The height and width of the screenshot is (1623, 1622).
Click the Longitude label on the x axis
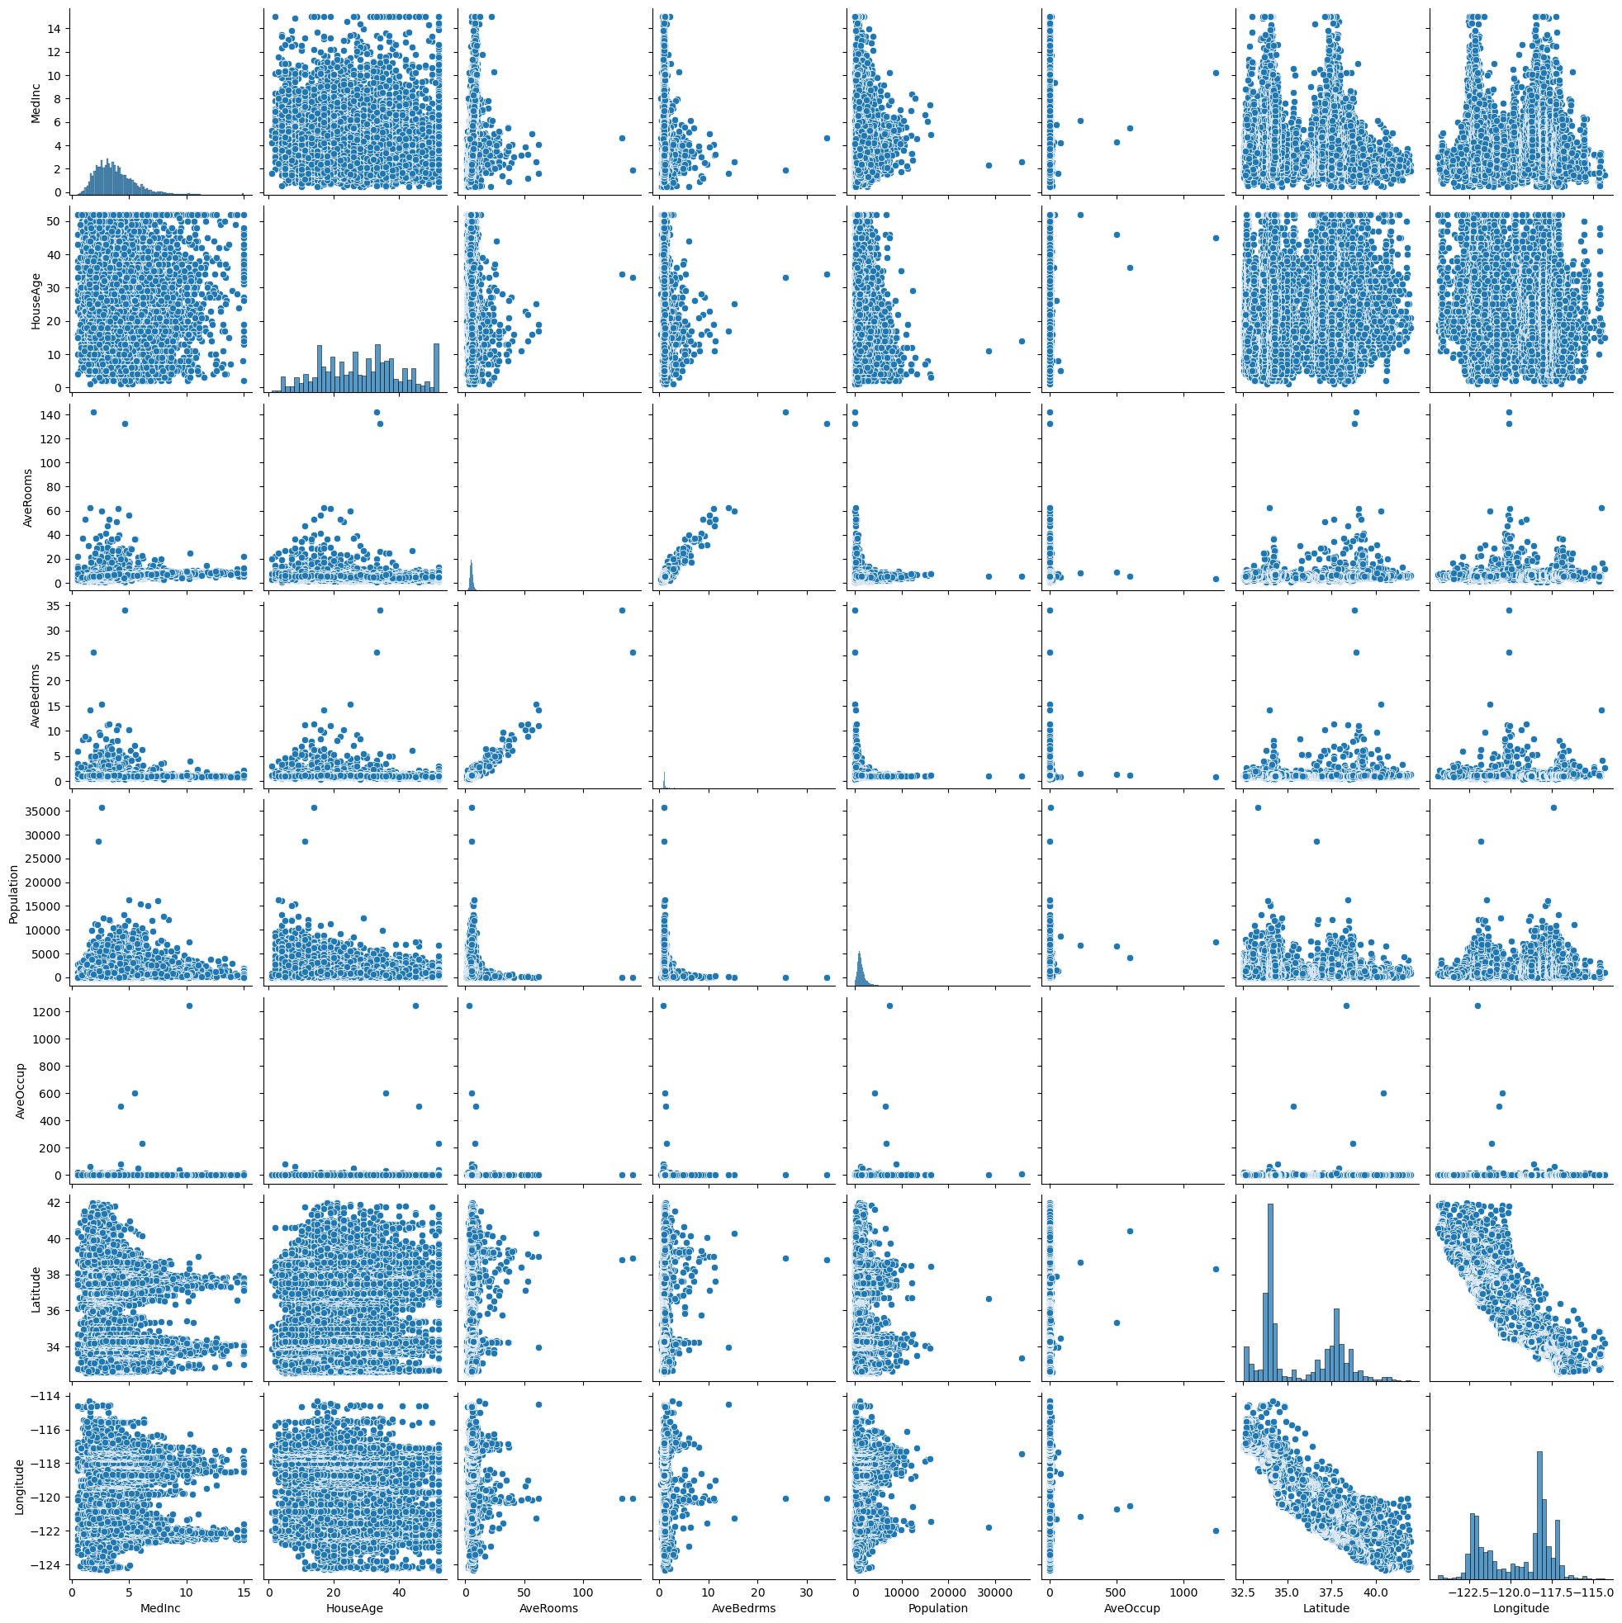pos(1517,1609)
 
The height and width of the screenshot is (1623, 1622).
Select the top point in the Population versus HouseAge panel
pos(315,808)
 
